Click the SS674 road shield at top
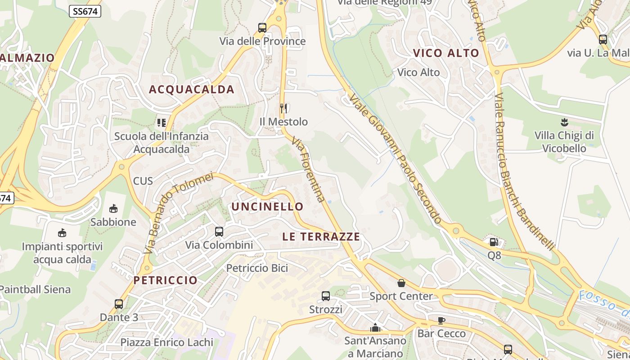tap(85, 12)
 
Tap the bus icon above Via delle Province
tap(262, 28)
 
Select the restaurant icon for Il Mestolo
tap(283, 108)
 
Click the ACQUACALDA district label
tap(192, 90)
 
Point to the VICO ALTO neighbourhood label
tap(446, 53)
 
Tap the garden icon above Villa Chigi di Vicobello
tap(564, 122)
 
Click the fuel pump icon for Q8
tap(494, 242)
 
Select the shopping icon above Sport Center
tap(401, 283)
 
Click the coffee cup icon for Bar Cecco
tap(441, 320)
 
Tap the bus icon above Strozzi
tap(326, 296)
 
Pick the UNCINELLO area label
tap(267, 207)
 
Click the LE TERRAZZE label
tap(321, 237)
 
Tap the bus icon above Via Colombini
tap(219, 232)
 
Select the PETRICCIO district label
tap(166, 280)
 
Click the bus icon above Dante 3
tap(119, 304)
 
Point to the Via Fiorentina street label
tap(309, 170)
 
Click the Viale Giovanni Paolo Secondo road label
tap(395, 159)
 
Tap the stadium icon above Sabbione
tap(113, 209)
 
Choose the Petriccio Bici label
tap(257, 268)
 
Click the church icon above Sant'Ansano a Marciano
tap(375, 328)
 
